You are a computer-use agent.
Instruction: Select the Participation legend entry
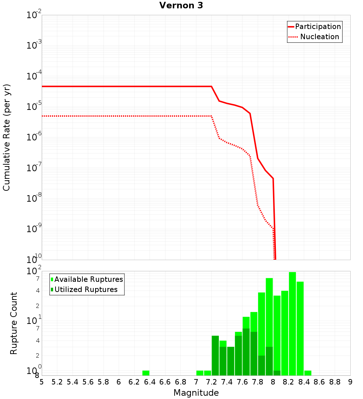pyautogui.click(x=314, y=26)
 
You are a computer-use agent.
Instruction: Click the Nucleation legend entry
pyautogui.click(x=314, y=37)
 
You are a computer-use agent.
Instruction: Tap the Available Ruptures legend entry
pyautogui.click(x=87, y=279)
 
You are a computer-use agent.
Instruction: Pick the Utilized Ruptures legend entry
pyautogui.click(x=84, y=289)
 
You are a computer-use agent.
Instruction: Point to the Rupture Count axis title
pyautogui.click(x=14, y=323)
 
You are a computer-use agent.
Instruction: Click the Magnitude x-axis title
pyautogui.click(x=196, y=393)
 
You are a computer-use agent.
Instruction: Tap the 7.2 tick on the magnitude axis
pyautogui.click(x=211, y=382)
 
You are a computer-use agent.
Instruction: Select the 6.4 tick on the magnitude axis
pyautogui.click(x=150, y=382)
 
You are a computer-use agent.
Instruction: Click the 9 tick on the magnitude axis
pyautogui.click(x=350, y=382)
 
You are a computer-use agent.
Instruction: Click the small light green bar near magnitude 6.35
pyautogui.click(x=146, y=373)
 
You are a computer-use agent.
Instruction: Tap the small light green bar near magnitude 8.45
pyautogui.click(x=308, y=373)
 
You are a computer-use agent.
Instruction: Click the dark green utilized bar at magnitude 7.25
pyautogui.click(x=215, y=355)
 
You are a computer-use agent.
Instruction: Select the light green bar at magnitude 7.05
pyautogui.click(x=200, y=373)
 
